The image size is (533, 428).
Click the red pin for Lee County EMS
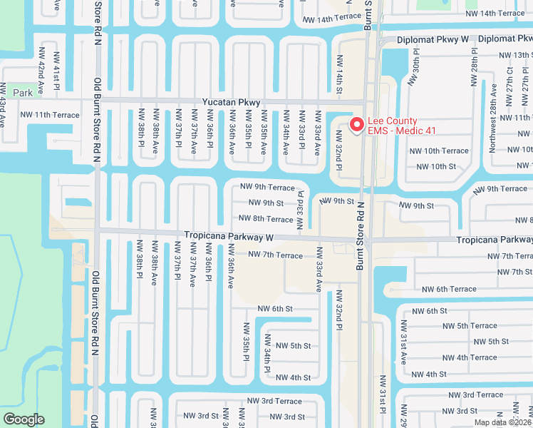(356, 123)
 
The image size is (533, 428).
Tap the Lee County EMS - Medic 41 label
(403, 126)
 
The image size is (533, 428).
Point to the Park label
(23, 93)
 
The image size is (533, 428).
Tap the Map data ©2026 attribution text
(502, 422)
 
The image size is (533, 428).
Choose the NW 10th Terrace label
(439, 151)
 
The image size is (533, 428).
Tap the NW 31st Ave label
(403, 347)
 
